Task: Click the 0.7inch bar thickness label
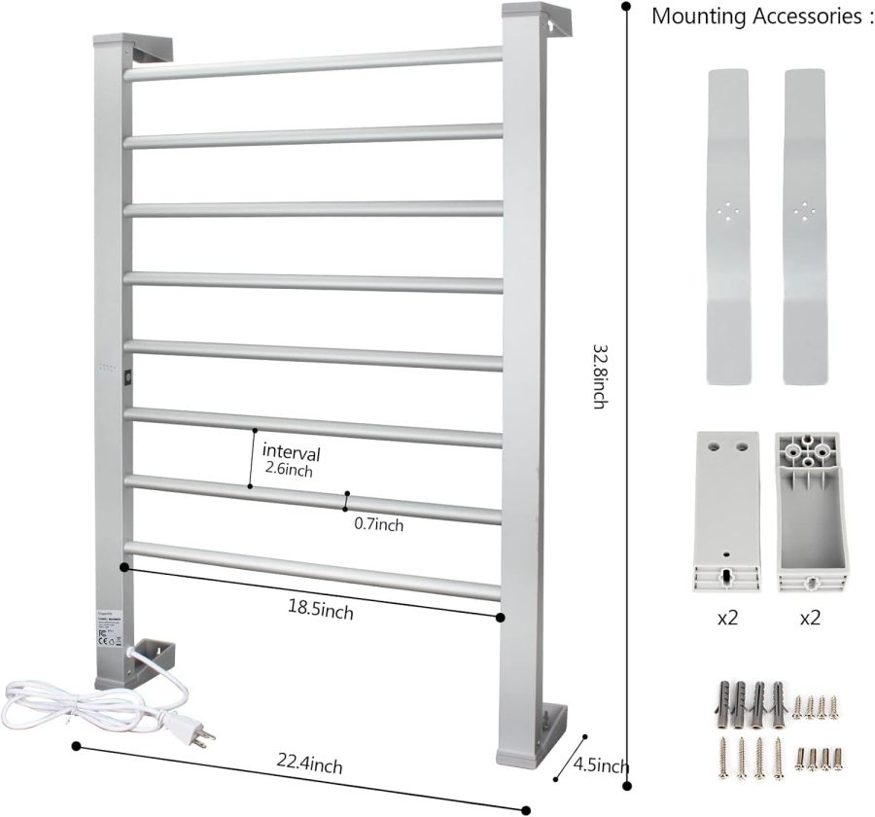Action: click(x=378, y=525)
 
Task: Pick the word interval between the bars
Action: click(x=291, y=453)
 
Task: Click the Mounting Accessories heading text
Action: click(x=756, y=17)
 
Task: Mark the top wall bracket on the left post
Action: click(x=152, y=49)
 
